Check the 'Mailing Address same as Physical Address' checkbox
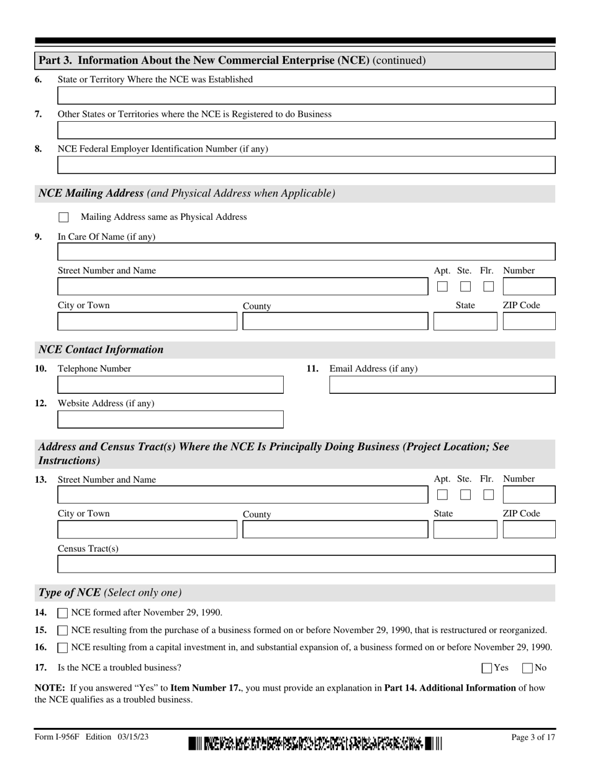(x=63, y=217)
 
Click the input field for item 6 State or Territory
(x=306, y=96)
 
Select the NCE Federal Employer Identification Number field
(x=306, y=165)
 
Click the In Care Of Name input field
(x=306, y=252)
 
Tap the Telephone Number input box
(x=170, y=385)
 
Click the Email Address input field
(x=442, y=385)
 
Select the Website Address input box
(x=170, y=420)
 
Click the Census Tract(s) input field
(x=306, y=564)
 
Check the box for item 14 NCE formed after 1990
(x=63, y=613)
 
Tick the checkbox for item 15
(x=63, y=630)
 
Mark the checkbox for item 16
(x=63, y=648)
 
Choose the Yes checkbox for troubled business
(x=488, y=668)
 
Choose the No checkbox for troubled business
(x=528, y=668)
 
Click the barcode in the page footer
(x=315, y=743)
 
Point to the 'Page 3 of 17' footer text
(x=533, y=737)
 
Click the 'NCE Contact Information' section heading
(x=101, y=350)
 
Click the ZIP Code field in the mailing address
(x=529, y=322)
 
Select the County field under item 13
(x=335, y=530)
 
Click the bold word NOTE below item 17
(x=50, y=688)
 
